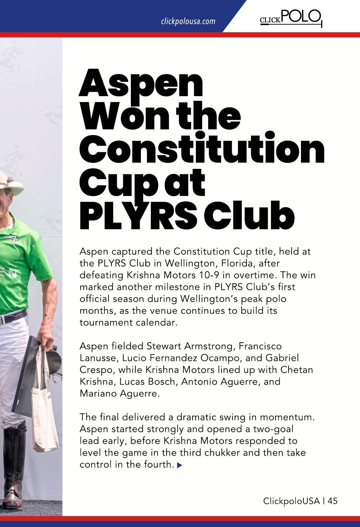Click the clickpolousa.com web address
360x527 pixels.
pyautogui.click(x=188, y=21)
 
